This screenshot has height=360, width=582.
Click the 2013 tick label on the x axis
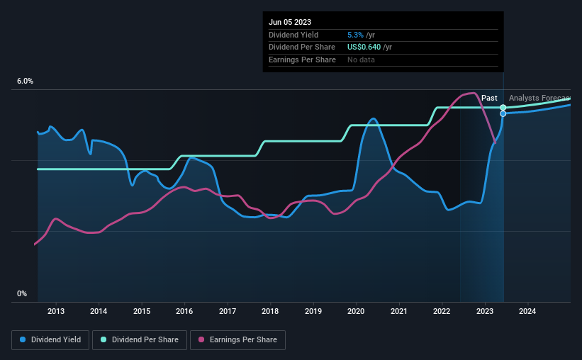click(56, 311)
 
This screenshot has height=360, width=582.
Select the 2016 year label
click(184, 311)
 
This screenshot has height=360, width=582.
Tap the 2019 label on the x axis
click(313, 311)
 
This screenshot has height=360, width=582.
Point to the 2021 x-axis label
click(399, 311)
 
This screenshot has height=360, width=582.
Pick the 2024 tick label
click(527, 311)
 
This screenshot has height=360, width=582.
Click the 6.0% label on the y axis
click(25, 81)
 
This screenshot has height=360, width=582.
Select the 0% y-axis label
click(22, 293)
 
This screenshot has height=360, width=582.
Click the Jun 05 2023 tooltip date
click(290, 22)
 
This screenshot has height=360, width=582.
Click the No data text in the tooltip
click(361, 60)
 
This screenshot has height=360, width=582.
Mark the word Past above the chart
click(489, 98)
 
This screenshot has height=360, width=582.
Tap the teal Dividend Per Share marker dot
click(503, 107)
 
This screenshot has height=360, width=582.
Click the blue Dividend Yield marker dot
click(503, 113)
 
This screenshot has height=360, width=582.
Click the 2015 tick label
click(142, 311)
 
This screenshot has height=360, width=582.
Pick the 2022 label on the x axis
click(442, 311)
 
